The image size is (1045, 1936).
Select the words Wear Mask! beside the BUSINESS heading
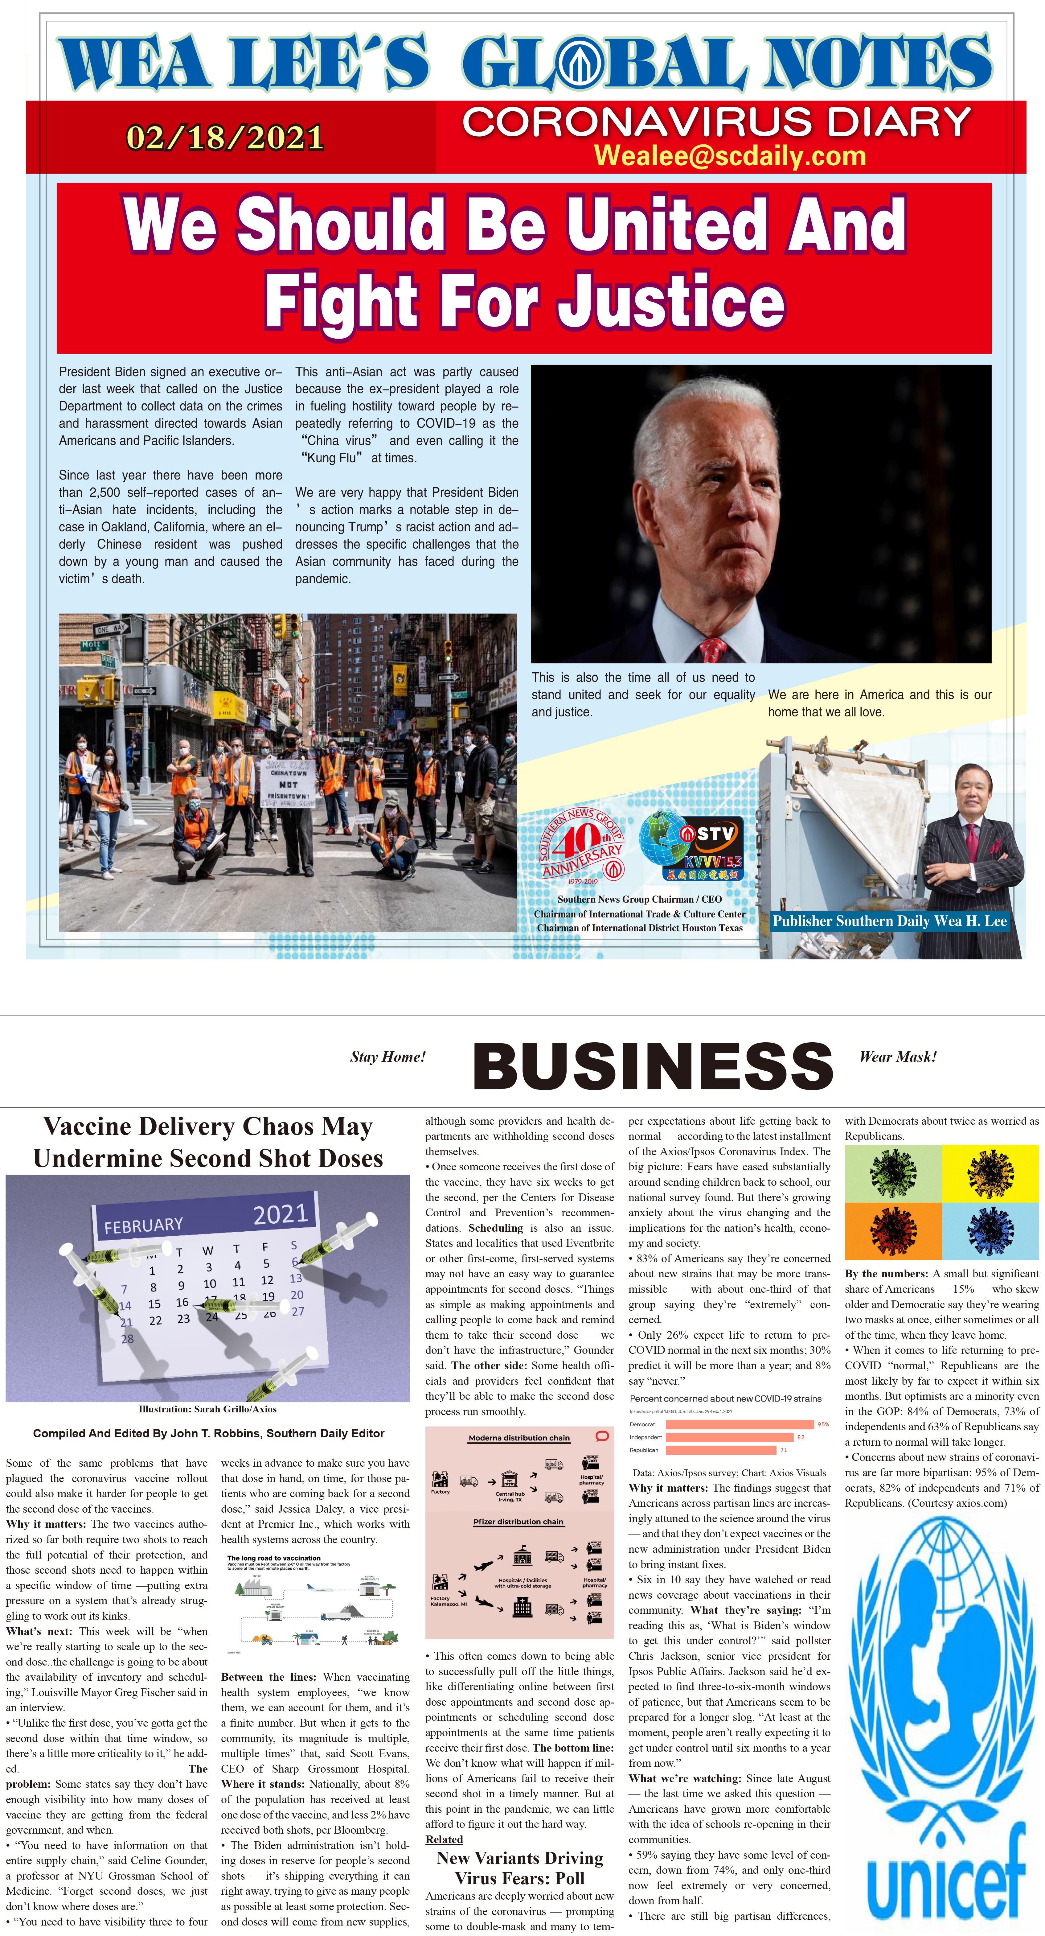click(x=898, y=1057)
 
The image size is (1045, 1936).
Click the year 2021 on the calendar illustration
click(x=280, y=1214)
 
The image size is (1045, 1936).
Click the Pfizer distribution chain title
click(x=518, y=1522)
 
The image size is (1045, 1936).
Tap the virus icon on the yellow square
click(x=990, y=1174)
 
